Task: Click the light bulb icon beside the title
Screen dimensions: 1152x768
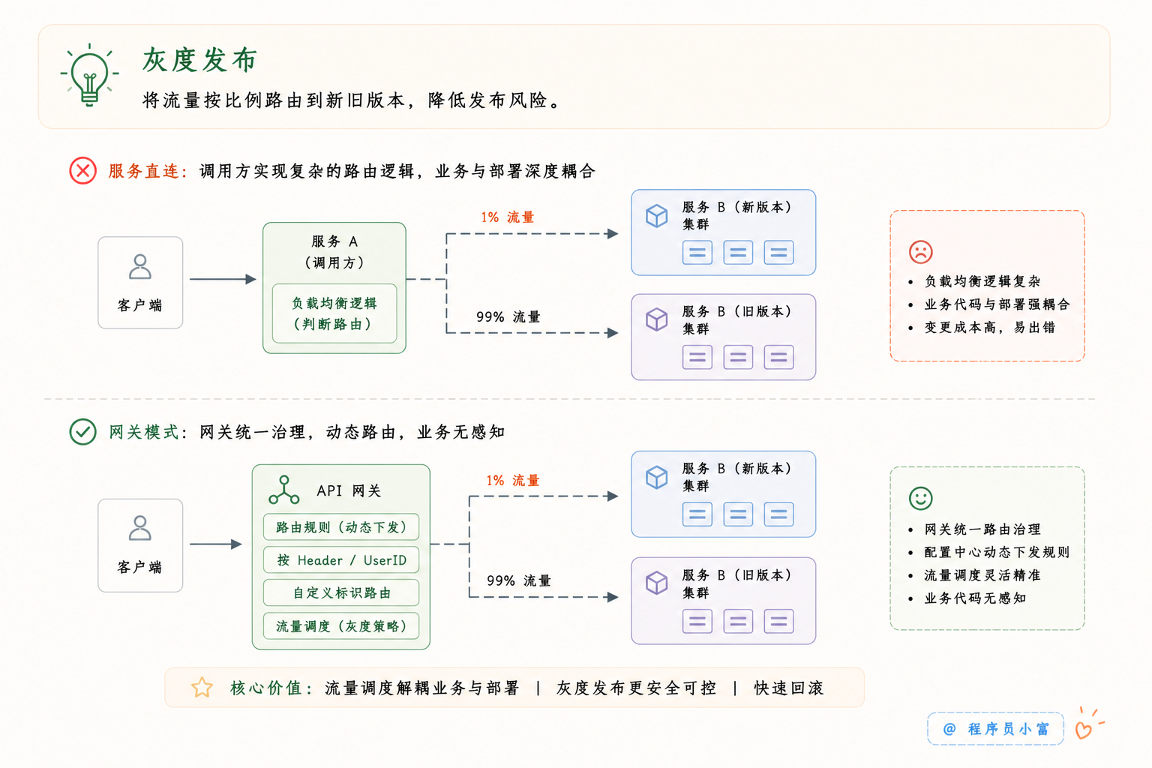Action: (89, 75)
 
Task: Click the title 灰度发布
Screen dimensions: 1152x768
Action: (199, 60)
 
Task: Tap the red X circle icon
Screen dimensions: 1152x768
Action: (82, 171)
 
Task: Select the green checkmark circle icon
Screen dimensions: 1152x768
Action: (82, 431)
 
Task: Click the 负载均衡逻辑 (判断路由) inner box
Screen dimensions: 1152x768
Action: (334, 313)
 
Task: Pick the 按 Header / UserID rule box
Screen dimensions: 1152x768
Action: (341, 559)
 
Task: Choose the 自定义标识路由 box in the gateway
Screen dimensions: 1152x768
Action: (341, 592)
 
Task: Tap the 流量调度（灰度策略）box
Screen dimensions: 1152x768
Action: (341, 626)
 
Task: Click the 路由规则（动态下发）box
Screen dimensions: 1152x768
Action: (341, 526)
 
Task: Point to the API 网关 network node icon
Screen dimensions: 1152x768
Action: (284, 490)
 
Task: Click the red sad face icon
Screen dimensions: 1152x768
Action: (920, 251)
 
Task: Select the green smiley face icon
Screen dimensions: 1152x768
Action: (920, 498)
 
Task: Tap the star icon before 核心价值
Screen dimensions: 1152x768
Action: (202, 687)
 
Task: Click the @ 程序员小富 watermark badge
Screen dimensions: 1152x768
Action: (995, 728)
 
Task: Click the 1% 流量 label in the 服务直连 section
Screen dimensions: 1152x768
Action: (508, 217)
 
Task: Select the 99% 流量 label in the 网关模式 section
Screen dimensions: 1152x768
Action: (519, 580)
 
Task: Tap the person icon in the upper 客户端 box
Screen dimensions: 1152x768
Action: (140, 266)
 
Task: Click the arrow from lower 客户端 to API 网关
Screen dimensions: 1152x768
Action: (216, 544)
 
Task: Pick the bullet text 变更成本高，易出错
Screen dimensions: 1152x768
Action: (989, 327)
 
